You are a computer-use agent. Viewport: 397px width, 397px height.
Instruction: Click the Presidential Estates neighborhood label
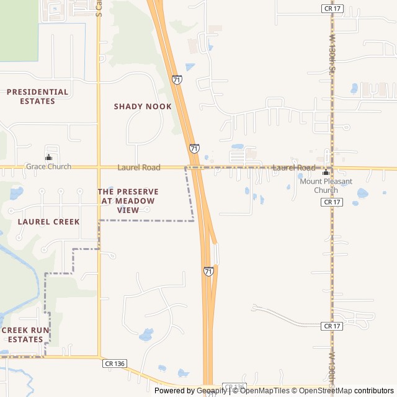(37, 96)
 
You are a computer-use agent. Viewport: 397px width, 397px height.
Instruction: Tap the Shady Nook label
(143, 107)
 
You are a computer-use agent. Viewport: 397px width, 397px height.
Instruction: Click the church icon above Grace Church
(48, 157)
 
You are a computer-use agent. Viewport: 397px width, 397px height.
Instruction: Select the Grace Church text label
(48, 167)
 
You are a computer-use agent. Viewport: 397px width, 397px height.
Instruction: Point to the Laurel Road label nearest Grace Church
(139, 167)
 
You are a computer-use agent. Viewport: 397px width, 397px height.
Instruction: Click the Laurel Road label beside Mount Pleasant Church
(294, 167)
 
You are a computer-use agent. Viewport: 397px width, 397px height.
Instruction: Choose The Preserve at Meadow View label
(128, 201)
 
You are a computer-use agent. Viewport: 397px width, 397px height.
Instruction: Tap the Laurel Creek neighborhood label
(48, 221)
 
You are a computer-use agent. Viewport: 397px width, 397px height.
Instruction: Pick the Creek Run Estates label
(25, 335)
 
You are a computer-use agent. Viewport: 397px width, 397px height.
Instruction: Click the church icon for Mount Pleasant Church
(326, 172)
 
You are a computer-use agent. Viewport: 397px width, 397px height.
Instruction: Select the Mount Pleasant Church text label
(326, 185)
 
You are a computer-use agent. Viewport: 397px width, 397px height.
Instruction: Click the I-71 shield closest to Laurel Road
(195, 149)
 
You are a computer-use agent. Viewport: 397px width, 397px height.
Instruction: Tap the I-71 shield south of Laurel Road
(208, 272)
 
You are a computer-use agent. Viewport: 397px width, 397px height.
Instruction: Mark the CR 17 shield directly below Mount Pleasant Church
(332, 202)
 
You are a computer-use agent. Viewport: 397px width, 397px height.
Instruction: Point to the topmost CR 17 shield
(332, 8)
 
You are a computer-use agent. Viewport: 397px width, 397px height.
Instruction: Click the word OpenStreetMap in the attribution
(325, 391)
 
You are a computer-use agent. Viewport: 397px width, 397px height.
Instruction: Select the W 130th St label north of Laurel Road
(332, 53)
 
